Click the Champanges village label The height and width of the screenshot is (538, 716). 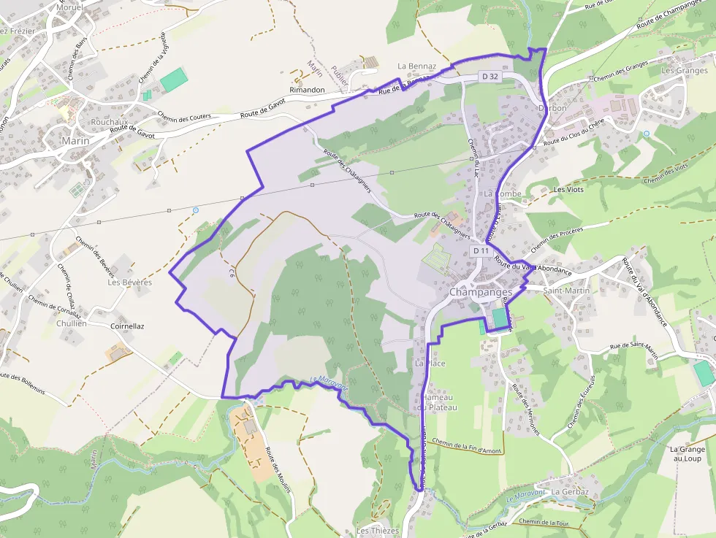tap(480, 291)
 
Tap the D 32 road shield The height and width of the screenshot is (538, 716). tap(489, 76)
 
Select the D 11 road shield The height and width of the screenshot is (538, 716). tap(481, 250)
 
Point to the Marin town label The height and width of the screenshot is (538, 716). tap(75, 141)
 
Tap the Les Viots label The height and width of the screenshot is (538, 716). tap(569, 189)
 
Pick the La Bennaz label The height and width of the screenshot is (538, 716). tap(416, 66)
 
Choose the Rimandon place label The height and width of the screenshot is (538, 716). tap(307, 90)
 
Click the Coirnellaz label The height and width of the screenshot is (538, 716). tap(127, 326)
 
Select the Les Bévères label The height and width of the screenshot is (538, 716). tap(129, 282)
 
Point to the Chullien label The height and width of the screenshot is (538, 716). tap(71, 323)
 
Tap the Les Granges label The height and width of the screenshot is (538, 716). tap(685, 71)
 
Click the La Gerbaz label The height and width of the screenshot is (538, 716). tap(570, 492)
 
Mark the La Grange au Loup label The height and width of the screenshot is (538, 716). tap(686, 453)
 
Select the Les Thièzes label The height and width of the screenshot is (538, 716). tap(378, 530)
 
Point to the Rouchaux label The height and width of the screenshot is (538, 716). tap(110, 122)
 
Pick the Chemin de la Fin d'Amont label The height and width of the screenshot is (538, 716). tap(466, 445)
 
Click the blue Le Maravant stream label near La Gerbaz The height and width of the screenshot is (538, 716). tap(526, 496)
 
